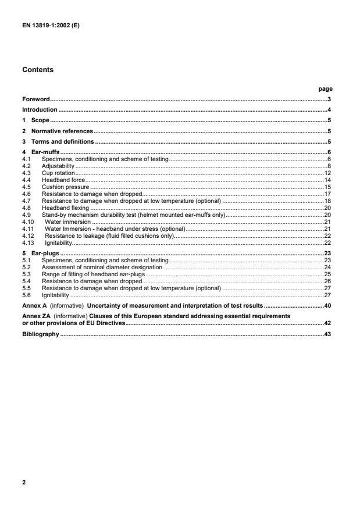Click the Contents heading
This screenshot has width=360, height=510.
point(38,70)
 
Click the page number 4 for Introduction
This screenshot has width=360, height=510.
point(329,110)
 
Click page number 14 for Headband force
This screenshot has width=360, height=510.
point(327,180)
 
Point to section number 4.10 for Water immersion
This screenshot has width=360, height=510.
point(27,222)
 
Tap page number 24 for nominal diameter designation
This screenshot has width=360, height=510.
point(327,267)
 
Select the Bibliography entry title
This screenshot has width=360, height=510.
point(40,335)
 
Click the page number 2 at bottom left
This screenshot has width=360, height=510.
point(24,483)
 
